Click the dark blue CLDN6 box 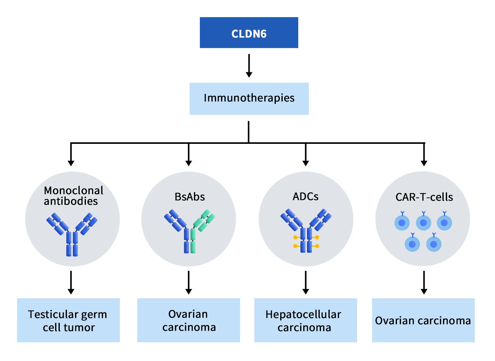[x=249, y=33]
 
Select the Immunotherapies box [x=249, y=98]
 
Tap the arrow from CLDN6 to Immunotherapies [x=249, y=66]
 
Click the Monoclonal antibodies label [x=73, y=196]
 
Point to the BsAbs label [x=190, y=197]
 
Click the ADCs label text [x=305, y=197]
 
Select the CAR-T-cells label [x=424, y=197]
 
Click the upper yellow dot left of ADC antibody [x=295, y=237]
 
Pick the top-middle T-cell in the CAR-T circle [x=423, y=223]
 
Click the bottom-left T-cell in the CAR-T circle [x=412, y=244]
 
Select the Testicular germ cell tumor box [x=68, y=320]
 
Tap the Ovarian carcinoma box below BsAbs [x=188, y=320]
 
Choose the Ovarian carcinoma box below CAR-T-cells [x=423, y=320]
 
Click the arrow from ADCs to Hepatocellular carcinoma [x=305, y=282]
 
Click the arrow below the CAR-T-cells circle [x=424, y=282]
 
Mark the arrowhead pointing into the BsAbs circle [x=188, y=163]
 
